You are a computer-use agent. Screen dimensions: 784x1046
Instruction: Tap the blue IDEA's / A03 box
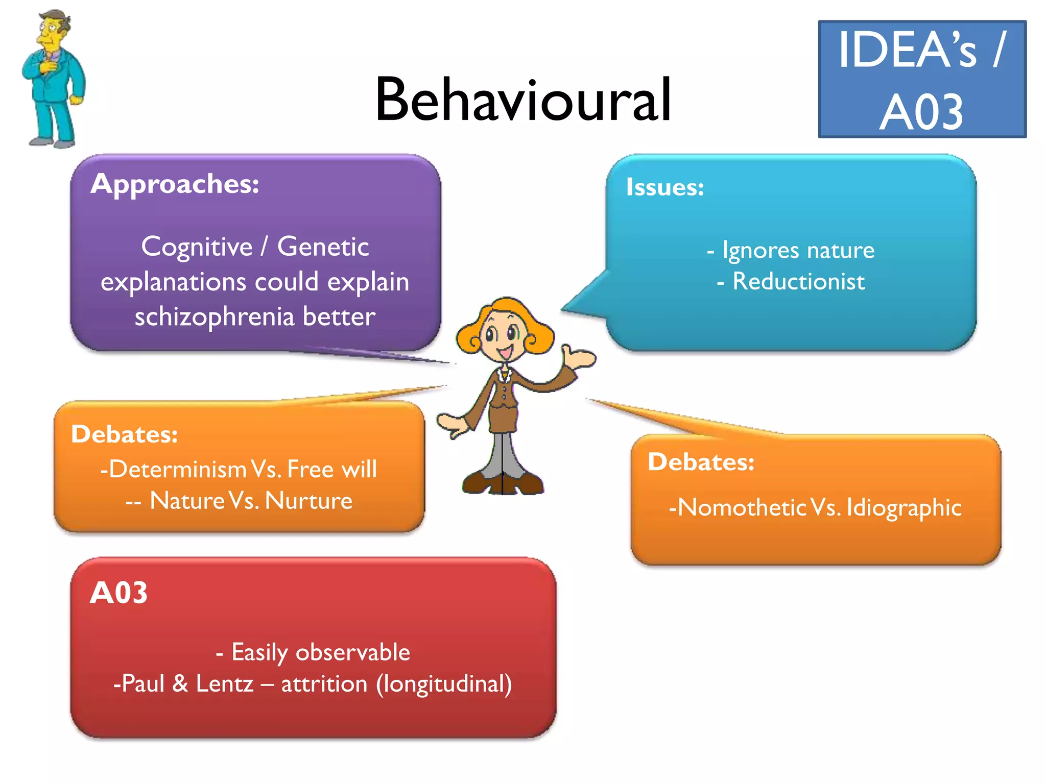tap(922, 80)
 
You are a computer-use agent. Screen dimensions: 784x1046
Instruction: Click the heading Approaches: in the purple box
tap(175, 184)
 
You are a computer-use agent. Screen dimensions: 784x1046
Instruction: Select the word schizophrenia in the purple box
tap(215, 317)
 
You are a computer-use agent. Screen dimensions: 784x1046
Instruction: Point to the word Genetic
tap(323, 247)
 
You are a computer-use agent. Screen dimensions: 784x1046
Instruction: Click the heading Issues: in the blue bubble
tap(665, 187)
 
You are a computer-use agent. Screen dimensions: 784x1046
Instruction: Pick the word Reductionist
tap(798, 282)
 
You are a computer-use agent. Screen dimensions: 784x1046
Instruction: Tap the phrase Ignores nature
tap(798, 250)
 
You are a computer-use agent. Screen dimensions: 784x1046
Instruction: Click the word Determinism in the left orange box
tap(178, 469)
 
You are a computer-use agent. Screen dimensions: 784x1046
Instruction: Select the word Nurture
tap(308, 501)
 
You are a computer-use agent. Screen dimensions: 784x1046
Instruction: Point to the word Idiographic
tap(904, 508)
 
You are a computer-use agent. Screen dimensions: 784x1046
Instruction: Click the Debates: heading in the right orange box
tap(701, 462)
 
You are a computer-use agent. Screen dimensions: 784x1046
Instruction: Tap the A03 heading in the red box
tap(118, 593)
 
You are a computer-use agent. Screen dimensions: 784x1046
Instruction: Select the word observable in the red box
tap(352, 652)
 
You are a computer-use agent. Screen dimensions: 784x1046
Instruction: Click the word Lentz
tap(224, 684)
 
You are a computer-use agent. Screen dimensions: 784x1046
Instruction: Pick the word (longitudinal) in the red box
tap(444, 684)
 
